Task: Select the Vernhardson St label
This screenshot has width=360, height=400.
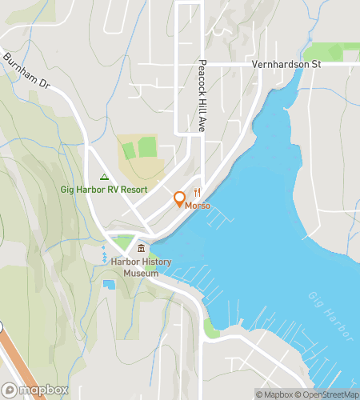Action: point(286,64)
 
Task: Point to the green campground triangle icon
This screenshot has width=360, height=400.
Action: point(104,177)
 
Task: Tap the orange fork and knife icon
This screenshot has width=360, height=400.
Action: point(196,192)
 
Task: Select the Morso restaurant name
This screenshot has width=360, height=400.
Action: point(198,206)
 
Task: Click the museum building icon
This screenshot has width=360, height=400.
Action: point(141,250)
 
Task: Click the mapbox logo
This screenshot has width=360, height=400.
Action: point(35,390)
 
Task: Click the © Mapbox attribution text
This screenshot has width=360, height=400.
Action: point(275,394)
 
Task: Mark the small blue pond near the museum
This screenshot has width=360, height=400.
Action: point(108,284)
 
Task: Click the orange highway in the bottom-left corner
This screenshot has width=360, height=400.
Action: point(16,360)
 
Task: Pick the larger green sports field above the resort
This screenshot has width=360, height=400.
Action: point(146,147)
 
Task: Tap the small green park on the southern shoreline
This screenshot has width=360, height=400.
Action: point(211,327)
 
